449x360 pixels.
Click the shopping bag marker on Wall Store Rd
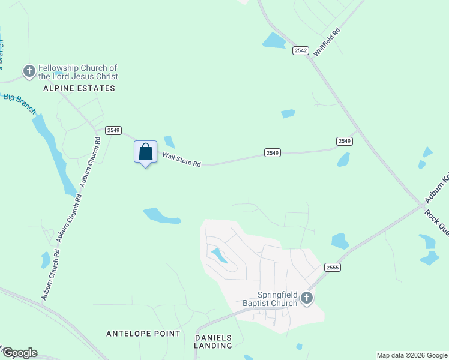pyautogui.click(x=145, y=152)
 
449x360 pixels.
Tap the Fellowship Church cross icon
pyautogui.click(x=29, y=72)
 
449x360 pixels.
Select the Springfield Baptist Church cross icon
pyautogui.click(x=307, y=298)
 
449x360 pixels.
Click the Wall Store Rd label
pyautogui.click(x=181, y=160)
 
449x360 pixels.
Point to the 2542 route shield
pyautogui.click(x=301, y=51)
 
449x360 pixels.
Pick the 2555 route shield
pyautogui.click(x=332, y=267)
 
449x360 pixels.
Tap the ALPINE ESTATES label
pyautogui.click(x=79, y=88)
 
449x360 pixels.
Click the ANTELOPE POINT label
pyautogui.click(x=143, y=334)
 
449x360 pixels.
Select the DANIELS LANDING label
pyautogui.click(x=213, y=341)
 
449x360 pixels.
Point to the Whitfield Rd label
pyautogui.click(x=327, y=40)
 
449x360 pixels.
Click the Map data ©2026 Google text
pyautogui.click(x=412, y=355)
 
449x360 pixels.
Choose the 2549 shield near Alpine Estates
pyautogui.click(x=113, y=130)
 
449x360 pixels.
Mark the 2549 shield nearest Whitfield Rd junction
pyautogui.click(x=344, y=141)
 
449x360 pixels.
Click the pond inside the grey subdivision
pyautogui.click(x=219, y=256)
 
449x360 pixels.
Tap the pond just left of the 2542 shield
pyautogui.click(x=274, y=40)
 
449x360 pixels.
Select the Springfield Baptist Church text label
pyautogui.click(x=278, y=299)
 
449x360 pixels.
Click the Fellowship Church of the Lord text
pyautogui.click(x=78, y=72)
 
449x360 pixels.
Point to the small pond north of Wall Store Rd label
pyautogui.click(x=169, y=142)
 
